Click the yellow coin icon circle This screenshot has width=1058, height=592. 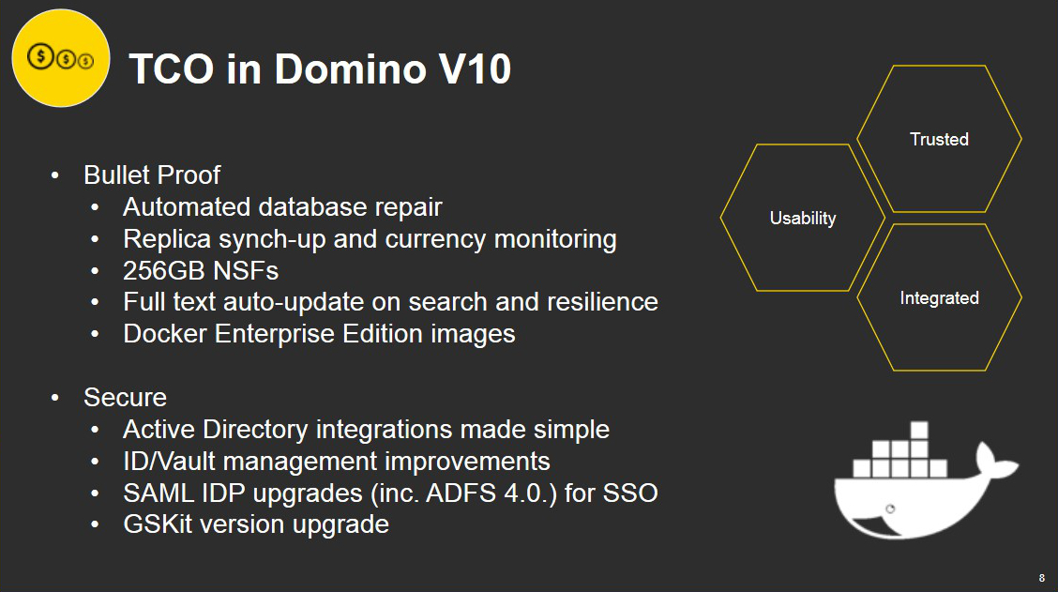61,58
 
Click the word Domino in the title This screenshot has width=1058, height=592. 350,68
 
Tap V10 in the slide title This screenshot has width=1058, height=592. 475,68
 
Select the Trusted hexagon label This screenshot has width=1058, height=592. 939,139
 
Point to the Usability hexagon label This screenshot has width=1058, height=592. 803,218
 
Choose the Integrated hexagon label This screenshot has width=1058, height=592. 939,297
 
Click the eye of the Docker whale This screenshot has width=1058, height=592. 890,509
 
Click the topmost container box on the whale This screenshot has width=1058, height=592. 919,430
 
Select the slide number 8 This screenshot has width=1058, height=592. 1042,578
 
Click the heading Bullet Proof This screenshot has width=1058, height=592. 152,175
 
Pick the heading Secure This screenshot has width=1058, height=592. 125,397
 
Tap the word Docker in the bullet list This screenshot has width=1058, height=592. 165,333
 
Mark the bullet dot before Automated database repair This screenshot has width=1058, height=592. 95,207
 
